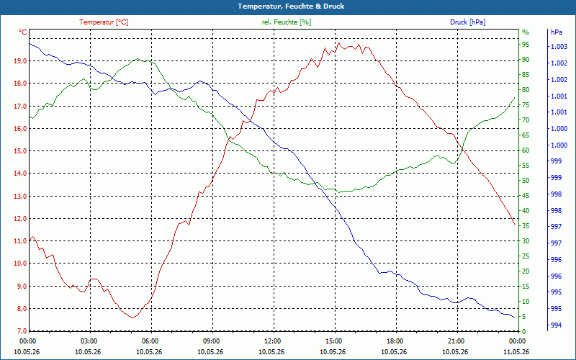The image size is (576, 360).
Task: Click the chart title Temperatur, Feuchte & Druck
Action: point(291,6)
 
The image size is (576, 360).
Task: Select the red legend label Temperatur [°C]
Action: point(104,22)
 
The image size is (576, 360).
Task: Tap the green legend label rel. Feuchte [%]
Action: point(286,22)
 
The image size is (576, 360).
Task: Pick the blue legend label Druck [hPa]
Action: point(467,22)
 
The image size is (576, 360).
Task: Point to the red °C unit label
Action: point(23,32)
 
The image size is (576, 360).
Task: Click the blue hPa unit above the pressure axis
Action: point(556,32)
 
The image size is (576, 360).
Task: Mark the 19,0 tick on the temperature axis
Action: point(20,61)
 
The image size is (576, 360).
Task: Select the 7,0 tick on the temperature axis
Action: point(20,331)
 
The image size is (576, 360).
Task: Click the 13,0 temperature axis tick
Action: point(20,196)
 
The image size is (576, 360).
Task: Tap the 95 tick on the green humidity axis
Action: point(526,45)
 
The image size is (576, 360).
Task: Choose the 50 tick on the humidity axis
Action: point(526,181)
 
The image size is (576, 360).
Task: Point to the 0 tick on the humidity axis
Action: point(524,331)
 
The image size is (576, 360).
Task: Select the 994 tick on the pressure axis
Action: point(556,325)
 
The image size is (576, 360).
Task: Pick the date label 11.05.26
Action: point(516,352)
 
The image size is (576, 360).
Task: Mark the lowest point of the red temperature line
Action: point(132,318)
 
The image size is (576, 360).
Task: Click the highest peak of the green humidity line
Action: point(138,58)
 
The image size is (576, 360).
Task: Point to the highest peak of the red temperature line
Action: point(339,42)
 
